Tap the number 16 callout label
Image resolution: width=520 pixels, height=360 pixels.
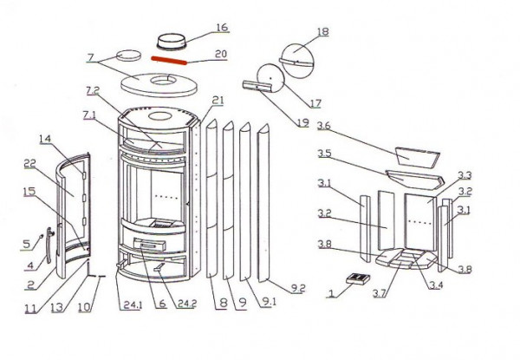[x=222, y=28]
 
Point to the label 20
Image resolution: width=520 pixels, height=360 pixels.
[x=221, y=54]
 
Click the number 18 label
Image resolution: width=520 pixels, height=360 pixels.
[x=322, y=32]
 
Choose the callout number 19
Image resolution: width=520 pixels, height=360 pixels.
[x=302, y=123]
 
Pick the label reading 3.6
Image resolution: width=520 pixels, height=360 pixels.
[x=324, y=127]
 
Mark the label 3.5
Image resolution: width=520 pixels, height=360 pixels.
[x=324, y=154]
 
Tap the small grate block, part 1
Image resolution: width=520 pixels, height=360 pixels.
[x=355, y=279]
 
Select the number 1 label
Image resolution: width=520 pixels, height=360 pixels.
[x=330, y=293]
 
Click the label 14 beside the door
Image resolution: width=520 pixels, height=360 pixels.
[x=45, y=139]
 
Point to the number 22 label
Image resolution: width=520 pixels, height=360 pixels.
[x=29, y=165]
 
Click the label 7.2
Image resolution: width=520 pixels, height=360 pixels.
[x=93, y=90]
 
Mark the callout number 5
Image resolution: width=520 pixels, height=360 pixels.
[x=26, y=243]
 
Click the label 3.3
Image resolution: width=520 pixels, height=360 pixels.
[x=465, y=175]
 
